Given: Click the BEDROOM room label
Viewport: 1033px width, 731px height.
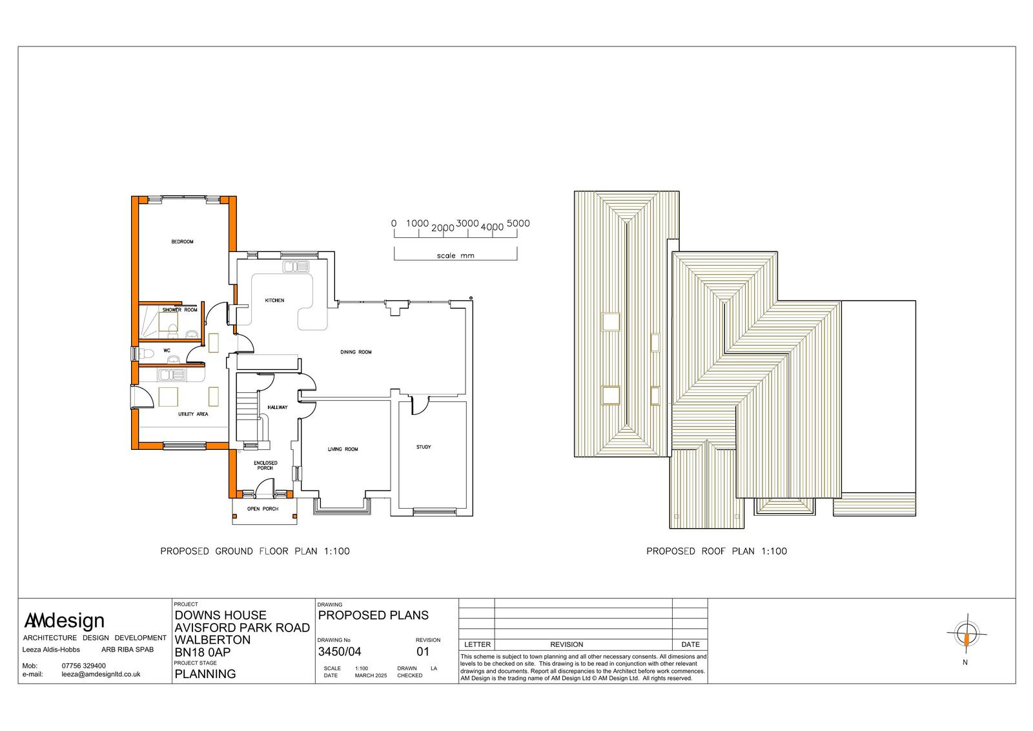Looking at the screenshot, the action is click(182, 242).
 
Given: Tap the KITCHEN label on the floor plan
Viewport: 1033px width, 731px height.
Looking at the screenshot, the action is click(274, 301).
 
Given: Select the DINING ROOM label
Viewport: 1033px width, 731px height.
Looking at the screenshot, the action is click(356, 352).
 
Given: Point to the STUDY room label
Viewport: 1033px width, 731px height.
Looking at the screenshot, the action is click(424, 447).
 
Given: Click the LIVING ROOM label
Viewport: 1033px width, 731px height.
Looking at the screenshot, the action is click(343, 449).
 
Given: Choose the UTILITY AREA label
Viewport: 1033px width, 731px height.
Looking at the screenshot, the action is click(193, 414).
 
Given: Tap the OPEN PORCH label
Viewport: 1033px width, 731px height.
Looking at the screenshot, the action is click(262, 509).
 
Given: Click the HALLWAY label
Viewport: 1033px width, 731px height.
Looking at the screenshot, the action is click(277, 407).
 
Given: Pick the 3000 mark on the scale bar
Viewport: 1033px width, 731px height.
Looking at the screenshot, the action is click(467, 224).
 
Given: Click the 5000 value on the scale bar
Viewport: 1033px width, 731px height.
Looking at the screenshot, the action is click(518, 224).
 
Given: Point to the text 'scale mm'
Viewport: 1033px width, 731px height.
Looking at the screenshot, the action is click(455, 255).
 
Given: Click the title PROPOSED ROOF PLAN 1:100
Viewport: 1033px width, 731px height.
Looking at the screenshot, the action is click(716, 551).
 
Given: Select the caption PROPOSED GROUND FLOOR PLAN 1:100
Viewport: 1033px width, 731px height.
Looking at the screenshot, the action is click(254, 551).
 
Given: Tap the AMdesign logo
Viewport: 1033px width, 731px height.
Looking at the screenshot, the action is click(64, 620).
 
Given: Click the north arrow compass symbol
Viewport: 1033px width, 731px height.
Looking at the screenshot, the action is click(967, 635).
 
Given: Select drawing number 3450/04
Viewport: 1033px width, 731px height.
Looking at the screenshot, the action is click(340, 652).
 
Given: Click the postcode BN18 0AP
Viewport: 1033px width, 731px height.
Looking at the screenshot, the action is click(203, 652).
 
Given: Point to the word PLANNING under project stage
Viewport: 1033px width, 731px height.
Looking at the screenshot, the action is click(205, 673).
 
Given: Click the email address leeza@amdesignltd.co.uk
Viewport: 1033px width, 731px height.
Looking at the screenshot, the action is click(101, 674).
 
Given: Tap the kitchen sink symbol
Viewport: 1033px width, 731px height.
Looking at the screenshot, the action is click(296, 267).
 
